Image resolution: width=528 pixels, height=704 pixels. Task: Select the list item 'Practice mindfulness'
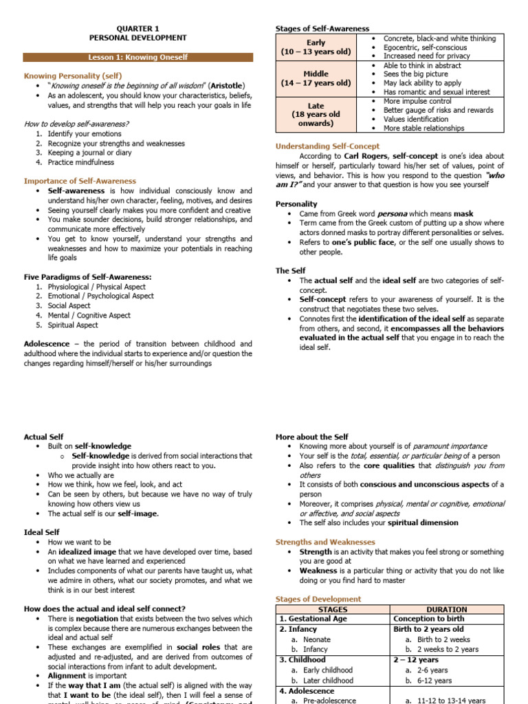click(81, 162)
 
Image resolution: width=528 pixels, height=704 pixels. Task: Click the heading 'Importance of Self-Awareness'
click(80, 181)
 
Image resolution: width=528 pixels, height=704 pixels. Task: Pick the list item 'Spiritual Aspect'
click(73, 324)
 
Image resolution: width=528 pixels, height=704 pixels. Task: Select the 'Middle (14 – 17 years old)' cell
click(316, 78)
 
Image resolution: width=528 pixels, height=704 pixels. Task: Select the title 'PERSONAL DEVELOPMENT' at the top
click(137, 38)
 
